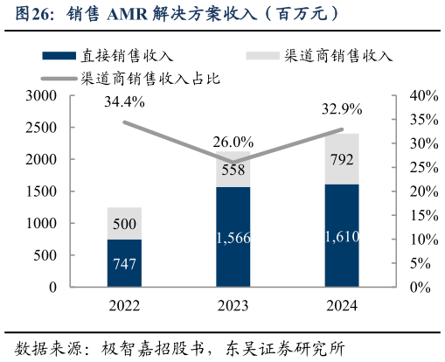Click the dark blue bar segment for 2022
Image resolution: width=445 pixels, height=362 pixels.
125,262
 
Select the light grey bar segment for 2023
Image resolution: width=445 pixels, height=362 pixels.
233,168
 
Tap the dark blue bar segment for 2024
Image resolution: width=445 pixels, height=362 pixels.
342,235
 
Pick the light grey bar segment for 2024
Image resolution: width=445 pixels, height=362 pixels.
342,158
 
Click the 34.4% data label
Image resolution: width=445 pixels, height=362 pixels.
125,102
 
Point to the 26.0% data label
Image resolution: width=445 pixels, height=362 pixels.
233,142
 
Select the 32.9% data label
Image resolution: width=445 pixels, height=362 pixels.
342,110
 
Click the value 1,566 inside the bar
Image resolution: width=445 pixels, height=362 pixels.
233,237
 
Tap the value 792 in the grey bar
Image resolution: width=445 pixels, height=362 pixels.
342,159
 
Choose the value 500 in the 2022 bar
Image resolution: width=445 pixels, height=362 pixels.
125,224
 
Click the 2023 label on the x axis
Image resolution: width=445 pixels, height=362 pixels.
233,305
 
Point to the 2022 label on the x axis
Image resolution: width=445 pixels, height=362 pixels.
125,305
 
